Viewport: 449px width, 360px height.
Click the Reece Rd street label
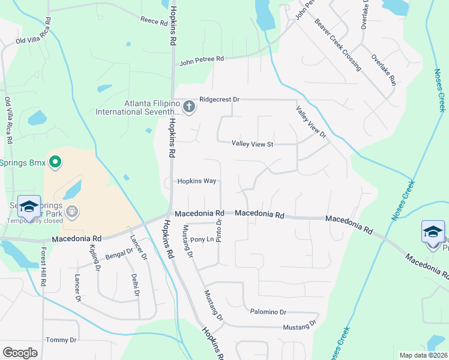tap(154, 21)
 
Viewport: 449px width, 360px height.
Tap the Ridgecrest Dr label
tap(219, 99)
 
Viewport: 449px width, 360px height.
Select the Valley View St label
tap(253, 143)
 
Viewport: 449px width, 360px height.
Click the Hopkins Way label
tap(196, 181)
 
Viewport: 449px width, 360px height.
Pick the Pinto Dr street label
tap(219, 230)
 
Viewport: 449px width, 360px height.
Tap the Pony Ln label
tap(202, 239)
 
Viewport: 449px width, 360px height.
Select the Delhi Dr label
tap(136, 285)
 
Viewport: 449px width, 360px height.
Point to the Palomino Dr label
tap(268, 312)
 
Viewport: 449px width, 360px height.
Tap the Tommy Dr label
tap(61, 340)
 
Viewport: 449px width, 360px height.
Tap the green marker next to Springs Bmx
tap(55, 162)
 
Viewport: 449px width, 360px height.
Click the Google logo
tap(20, 353)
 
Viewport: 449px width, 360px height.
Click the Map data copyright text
tap(423, 355)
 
